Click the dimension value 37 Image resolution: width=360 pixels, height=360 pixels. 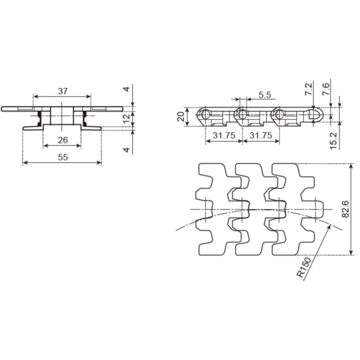63,91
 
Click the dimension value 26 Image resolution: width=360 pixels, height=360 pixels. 63,140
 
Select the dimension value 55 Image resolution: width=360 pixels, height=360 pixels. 63,157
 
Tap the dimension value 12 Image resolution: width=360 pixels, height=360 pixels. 127,118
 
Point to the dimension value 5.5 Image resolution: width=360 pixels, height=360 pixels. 265,94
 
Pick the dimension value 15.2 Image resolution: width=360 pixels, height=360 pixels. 333,140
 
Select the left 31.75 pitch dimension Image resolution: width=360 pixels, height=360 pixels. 224,135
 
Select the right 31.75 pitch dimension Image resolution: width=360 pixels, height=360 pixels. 261,135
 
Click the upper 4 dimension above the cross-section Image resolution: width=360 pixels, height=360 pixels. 127,89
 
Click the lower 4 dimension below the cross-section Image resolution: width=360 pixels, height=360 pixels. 127,149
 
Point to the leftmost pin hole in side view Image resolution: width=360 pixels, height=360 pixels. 206,114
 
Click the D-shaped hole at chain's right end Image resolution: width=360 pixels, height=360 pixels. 315,115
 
